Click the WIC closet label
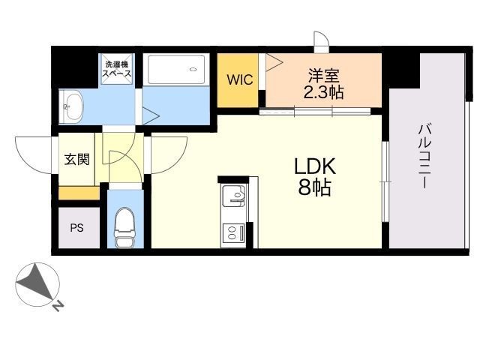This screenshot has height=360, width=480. point(240,79)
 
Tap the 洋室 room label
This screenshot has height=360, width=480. point(324,76)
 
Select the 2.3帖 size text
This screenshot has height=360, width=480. point(323,91)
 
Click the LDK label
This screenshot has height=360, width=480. point(315,166)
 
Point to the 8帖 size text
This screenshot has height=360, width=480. point(315,187)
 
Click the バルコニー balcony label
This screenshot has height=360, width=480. point(425,156)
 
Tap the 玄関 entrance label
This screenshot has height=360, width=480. point(77,160)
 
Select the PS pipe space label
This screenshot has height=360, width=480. point(76,228)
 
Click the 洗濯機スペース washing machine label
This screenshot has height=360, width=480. point(117,69)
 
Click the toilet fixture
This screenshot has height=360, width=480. point(125,227)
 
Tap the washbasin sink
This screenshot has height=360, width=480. point(72,106)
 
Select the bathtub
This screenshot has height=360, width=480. point(175,70)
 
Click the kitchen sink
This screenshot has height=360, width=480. point(233,196)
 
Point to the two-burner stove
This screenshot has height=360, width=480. point(233,232)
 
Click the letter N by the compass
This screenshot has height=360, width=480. point(58,306)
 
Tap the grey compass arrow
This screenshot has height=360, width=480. point(36,281)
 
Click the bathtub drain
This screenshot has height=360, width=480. point(193,70)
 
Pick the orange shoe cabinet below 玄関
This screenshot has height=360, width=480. point(79,193)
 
